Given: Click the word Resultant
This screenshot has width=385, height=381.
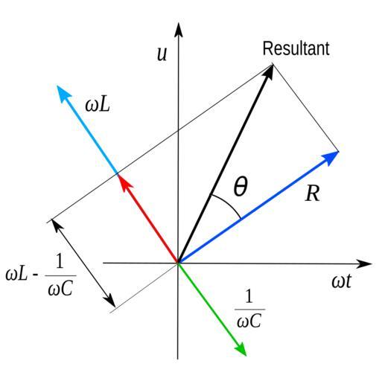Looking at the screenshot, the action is [x=296, y=48].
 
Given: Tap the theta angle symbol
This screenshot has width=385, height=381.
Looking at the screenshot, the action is [x=241, y=186].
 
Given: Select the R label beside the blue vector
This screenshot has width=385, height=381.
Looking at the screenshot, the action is [x=313, y=193].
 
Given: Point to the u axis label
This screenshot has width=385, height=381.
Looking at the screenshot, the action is [x=162, y=54].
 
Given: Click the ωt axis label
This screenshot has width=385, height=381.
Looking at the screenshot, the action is [x=342, y=281].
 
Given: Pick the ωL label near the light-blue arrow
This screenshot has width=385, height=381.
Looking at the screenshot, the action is [x=98, y=105].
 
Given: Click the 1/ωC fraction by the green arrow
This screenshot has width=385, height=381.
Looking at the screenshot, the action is [x=249, y=309].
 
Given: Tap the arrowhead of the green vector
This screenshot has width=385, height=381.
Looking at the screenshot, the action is [x=241, y=348].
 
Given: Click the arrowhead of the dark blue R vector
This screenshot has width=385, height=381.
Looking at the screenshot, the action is [x=331, y=158].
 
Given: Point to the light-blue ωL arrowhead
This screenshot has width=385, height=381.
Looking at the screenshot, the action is [x=63, y=93].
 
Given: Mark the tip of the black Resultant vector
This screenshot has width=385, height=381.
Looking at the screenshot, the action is [x=273, y=64].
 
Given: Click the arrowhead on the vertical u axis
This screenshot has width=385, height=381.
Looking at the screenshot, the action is [x=178, y=30].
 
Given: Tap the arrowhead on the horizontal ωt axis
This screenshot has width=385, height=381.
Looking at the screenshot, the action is [x=364, y=263].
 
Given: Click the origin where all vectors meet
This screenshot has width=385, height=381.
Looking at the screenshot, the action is [x=178, y=263].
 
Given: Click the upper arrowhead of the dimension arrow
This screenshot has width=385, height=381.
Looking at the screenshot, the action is [x=57, y=225].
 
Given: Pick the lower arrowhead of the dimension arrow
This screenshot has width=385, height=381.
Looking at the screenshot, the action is [x=109, y=301].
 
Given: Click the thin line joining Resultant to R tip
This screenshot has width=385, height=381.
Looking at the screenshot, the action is [x=306, y=107].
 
